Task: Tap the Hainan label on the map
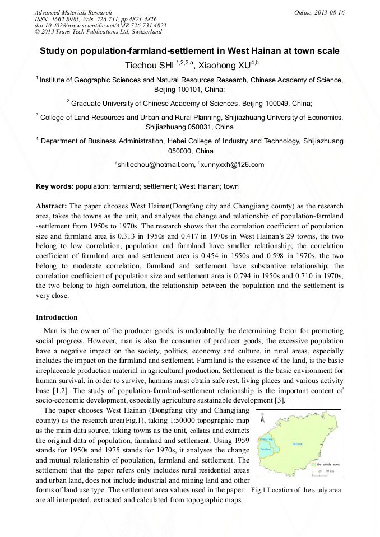point(297,443)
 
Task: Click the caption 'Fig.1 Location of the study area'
point(296,490)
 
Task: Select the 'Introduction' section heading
point(57,317)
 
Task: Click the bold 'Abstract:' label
point(52,206)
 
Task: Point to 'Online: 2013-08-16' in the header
point(319,12)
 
